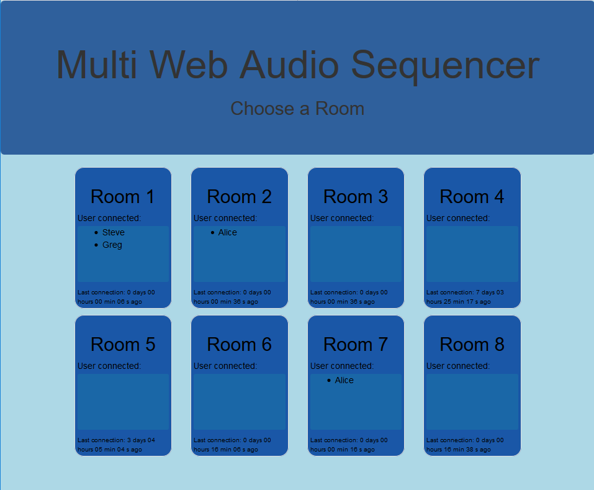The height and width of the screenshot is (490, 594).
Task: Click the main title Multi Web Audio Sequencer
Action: point(298,65)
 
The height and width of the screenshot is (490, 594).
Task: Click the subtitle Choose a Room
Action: point(297,109)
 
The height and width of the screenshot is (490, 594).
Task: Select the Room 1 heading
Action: point(123,197)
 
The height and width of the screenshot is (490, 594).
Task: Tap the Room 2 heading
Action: point(240,197)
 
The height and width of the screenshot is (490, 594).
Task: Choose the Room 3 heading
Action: point(356,197)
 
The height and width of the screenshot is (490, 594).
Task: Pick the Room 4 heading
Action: point(472,197)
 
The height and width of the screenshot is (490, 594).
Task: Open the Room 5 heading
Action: point(123,345)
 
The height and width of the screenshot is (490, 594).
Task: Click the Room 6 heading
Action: point(240,345)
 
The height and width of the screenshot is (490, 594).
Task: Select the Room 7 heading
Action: point(356,345)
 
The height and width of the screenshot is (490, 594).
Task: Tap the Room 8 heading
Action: point(472,345)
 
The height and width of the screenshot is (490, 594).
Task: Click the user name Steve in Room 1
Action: point(113,232)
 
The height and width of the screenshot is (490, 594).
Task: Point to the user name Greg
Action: point(112,245)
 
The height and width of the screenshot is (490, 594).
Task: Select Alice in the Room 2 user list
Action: point(228,232)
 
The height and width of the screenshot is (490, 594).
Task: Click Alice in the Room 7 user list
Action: point(344,380)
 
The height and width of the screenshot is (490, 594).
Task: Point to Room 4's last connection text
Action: point(465,297)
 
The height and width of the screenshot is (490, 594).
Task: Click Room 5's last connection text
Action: point(116,445)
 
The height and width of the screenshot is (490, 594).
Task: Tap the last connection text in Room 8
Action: point(465,445)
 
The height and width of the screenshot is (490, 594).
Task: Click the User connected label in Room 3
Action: point(342,218)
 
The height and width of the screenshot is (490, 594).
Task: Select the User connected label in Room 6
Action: point(225,366)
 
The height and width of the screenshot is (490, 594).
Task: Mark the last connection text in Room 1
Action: point(116,297)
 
